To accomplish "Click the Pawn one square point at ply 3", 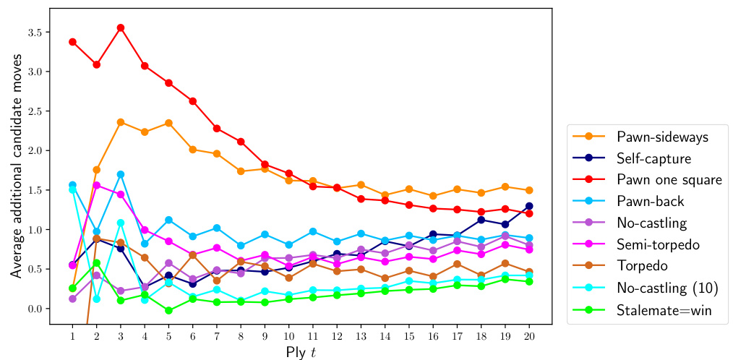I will pos(120,27).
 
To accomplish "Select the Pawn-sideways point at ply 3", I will pos(120,121).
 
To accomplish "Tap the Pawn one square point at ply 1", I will pos(72,42).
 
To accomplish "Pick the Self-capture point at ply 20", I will pos(530,206).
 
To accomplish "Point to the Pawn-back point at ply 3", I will pos(120,174).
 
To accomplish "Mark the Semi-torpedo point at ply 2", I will pos(96,185).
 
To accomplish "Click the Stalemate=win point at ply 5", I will pos(168,310).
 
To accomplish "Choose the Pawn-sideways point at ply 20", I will pos(530,190).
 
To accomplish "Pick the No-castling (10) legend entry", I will pos(667,288).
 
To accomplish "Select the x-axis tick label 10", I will pos(288,336).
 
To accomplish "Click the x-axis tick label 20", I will pos(530,336).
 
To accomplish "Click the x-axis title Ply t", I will pos(301,352).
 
